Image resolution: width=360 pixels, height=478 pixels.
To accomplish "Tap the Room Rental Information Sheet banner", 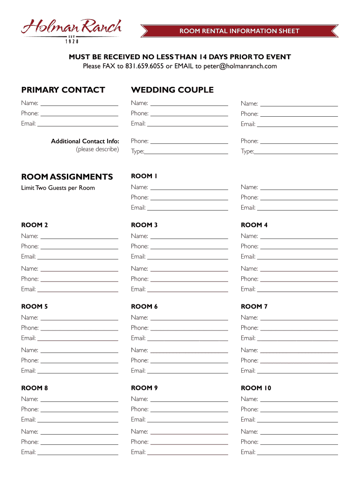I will (x=239, y=31).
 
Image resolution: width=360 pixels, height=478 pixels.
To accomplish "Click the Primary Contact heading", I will (x=63, y=90).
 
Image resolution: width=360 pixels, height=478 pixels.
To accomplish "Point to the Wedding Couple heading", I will (x=172, y=90).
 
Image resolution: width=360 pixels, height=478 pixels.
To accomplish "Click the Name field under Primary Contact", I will (x=79, y=103).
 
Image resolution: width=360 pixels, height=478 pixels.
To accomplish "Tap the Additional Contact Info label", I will (x=85, y=141).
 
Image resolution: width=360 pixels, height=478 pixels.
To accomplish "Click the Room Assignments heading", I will (x=67, y=176).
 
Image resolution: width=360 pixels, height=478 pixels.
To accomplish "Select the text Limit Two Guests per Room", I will (x=58, y=188).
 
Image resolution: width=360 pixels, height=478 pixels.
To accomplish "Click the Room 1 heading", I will (x=144, y=176).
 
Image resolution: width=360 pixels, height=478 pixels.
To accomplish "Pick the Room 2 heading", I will (x=35, y=225).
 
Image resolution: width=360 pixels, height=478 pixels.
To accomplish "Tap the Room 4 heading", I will (x=254, y=225).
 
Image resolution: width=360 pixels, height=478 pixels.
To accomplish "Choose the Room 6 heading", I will (x=144, y=307).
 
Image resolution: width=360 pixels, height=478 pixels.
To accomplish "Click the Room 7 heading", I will (x=254, y=307).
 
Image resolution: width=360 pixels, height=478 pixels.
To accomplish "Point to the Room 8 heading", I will (x=35, y=388).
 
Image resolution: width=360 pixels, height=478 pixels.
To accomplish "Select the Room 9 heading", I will (x=144, y=388).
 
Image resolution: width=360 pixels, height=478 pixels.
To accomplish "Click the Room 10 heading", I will (x=256, y=388).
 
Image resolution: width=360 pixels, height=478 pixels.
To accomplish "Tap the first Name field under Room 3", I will (x=189, y=236).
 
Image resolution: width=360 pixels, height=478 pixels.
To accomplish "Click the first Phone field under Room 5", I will (x=79, y=328).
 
